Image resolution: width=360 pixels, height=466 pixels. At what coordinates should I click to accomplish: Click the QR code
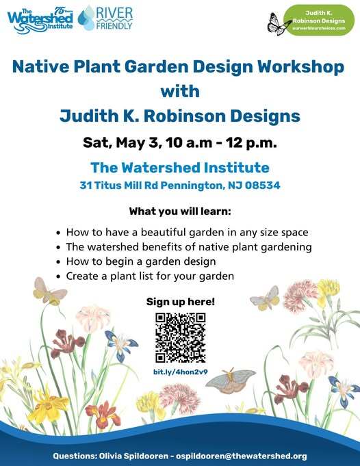click(181, 337)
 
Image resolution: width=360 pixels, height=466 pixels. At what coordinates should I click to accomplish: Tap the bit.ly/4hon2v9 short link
click(181, 372)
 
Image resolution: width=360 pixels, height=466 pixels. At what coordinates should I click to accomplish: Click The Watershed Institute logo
click(39, 18)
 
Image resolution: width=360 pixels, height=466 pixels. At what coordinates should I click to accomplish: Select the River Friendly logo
click(105, 18)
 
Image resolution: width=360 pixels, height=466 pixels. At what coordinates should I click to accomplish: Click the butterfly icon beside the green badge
click(279, 24)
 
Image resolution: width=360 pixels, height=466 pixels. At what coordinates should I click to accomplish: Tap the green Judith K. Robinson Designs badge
click(318, 21)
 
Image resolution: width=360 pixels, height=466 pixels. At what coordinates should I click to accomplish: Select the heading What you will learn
click(179, 210)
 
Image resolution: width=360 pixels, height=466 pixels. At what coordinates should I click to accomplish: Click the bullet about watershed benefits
click(189, 246)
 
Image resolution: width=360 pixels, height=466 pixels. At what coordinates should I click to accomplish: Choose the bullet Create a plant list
click(150, 276)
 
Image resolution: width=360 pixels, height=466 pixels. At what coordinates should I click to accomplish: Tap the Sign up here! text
click(180, 301)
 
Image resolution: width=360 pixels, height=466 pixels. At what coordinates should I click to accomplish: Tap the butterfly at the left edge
click(49, 292)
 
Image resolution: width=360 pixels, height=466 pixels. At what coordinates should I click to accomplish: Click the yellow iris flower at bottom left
click(48, 407)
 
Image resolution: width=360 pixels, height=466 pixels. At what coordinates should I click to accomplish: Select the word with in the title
click(179, 91)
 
